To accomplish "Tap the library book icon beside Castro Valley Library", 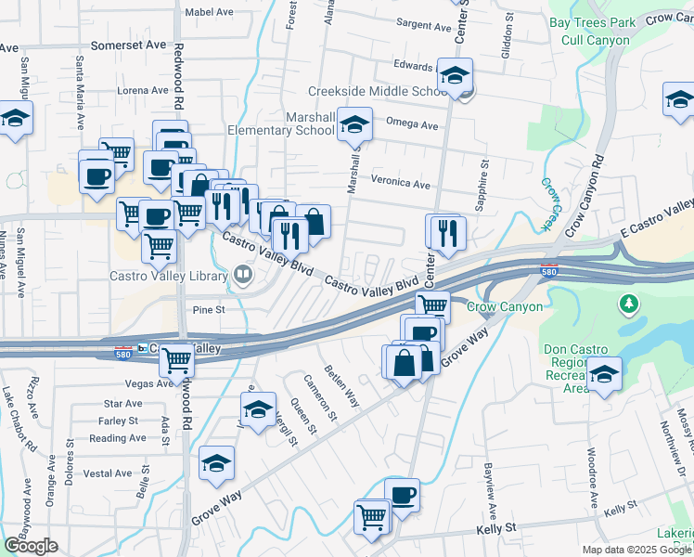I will [x=243, y=274].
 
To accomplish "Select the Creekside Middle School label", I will [x=379, y=91].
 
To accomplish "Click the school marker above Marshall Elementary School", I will [x=353, y=123].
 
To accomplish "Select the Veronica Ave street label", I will [x=401, y=184].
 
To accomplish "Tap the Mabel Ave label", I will [x=209, y=12].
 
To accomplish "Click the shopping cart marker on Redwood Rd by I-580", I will [x=175, y=360].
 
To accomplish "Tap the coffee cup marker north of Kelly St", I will [x=402, y=496].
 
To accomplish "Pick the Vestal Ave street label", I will [x=108, y=473].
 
